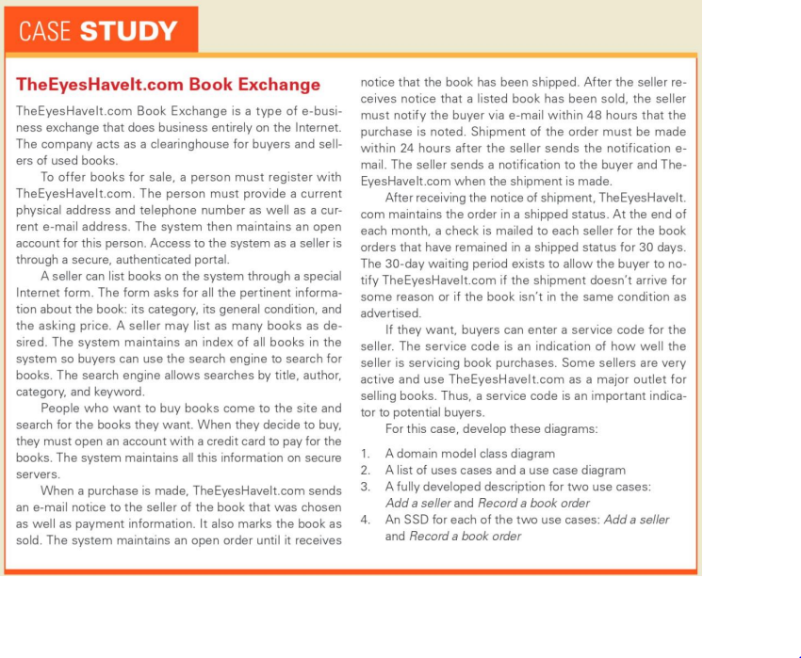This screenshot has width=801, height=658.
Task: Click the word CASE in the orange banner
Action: tap(44, 31)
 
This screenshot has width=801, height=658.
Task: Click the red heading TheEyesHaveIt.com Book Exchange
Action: tap(169, 84)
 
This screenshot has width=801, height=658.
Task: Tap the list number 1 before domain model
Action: tap(366, 454)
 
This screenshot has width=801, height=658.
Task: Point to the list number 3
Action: tap(366, 486)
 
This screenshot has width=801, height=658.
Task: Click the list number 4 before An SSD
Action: tap(366, 519)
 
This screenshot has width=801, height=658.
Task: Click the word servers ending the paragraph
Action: tap(38, 474)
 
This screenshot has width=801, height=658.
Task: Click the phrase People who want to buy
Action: tap(110, 409)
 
